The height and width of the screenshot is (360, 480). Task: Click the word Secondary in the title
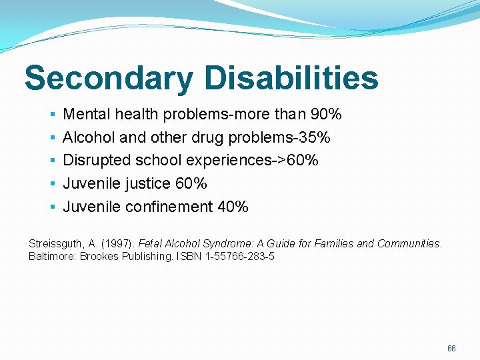click(x=107, y=78)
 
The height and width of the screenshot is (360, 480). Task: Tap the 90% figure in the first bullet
click(x=327, y=115)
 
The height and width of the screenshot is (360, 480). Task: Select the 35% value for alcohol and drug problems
click(x=315, y=137)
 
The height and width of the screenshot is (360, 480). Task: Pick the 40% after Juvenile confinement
click(x=233, y=207)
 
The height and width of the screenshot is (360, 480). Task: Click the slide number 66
click(x=451, y=349)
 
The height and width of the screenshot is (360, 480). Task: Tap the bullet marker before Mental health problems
click(x=52, y=115)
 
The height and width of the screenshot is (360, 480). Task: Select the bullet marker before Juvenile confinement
click(x=52, y=207)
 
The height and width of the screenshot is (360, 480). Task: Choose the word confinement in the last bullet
click(x=169, y=207)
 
